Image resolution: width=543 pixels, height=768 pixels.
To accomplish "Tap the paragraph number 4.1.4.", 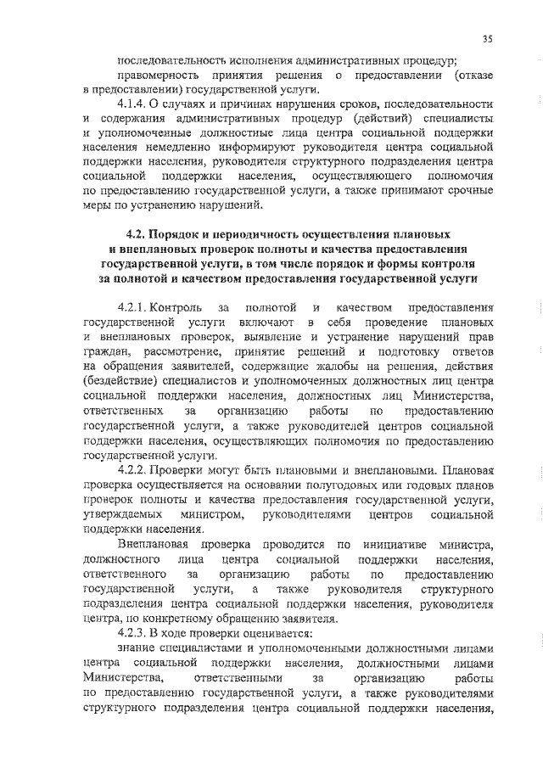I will (134, 103).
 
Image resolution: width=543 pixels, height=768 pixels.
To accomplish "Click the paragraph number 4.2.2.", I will (136, 469).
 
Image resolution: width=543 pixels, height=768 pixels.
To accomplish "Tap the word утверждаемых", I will (123, 515).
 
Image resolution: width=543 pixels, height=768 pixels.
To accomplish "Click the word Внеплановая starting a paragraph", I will (153, 544).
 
